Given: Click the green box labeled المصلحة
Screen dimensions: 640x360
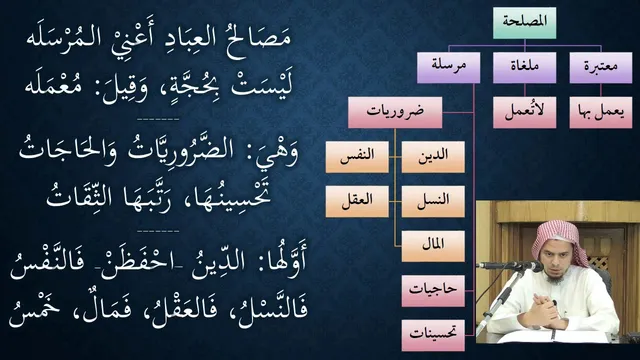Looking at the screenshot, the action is pos(524,23).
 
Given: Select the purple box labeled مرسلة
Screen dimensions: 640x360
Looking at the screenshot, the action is pos(449,67).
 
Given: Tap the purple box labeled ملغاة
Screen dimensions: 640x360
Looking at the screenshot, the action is pos(524,67).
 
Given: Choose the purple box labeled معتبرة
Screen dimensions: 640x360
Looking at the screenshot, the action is pos(600,67).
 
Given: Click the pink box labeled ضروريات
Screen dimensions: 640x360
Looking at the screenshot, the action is pos(395,112).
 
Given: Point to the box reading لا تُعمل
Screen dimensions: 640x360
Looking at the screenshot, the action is pos(524,112).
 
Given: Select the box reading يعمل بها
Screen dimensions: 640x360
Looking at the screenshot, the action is pos(600,112).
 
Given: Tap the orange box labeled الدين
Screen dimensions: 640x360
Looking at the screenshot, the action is pos(433,157).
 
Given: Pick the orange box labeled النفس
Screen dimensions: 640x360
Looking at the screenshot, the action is pos(357,157).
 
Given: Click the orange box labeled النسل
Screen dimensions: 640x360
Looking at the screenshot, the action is pos(433,201).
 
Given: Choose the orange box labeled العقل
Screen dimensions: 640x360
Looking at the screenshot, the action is pos(357,201).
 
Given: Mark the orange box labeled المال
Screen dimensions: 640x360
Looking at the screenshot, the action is pos(433,246).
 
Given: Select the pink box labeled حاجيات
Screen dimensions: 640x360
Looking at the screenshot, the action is pos(433,291).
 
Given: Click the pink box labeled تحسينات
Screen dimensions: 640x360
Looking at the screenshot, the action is pos(433,335).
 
